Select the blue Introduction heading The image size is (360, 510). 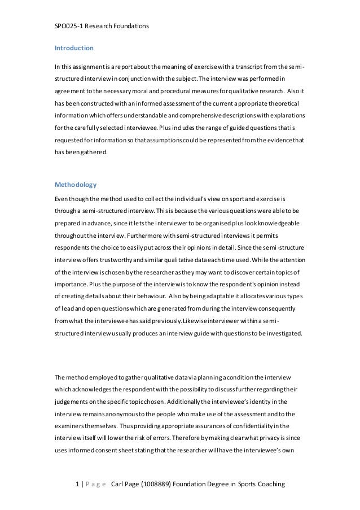pyautogui.click(x=74, y=48)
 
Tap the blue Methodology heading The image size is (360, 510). pyautogui.click(x=76, y=185)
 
